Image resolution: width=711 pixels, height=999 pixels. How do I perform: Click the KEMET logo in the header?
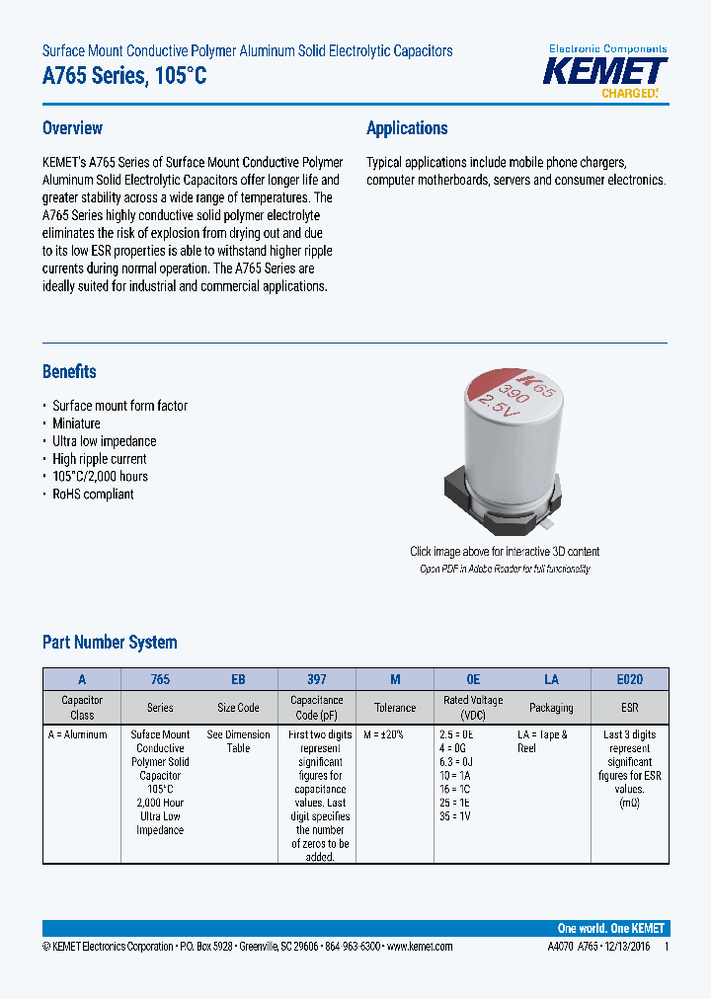607,72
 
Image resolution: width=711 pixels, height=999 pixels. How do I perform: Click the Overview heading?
72,128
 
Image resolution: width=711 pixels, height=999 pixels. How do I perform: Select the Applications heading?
407,128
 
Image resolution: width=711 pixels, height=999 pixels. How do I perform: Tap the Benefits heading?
69,372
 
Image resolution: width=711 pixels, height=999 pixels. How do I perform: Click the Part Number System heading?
110,643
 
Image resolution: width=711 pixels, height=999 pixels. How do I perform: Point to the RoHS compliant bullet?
93,494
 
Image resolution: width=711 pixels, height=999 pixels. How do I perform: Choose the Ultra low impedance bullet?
104,441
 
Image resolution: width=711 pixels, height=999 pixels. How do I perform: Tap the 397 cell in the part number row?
316,679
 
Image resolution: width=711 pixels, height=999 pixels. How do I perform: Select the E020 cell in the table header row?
629,679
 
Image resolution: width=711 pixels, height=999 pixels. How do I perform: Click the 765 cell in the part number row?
160,679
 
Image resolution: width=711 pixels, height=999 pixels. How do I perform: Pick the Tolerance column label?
395,708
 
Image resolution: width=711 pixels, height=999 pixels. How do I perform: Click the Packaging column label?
551,708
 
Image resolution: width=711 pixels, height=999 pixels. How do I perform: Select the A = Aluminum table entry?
77,734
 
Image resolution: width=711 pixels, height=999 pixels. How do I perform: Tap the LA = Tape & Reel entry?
542,741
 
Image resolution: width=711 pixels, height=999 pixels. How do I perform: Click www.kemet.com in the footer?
419,947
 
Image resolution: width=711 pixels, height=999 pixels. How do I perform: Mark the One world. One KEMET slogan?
610,929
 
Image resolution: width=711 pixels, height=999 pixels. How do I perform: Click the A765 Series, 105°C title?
124,76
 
